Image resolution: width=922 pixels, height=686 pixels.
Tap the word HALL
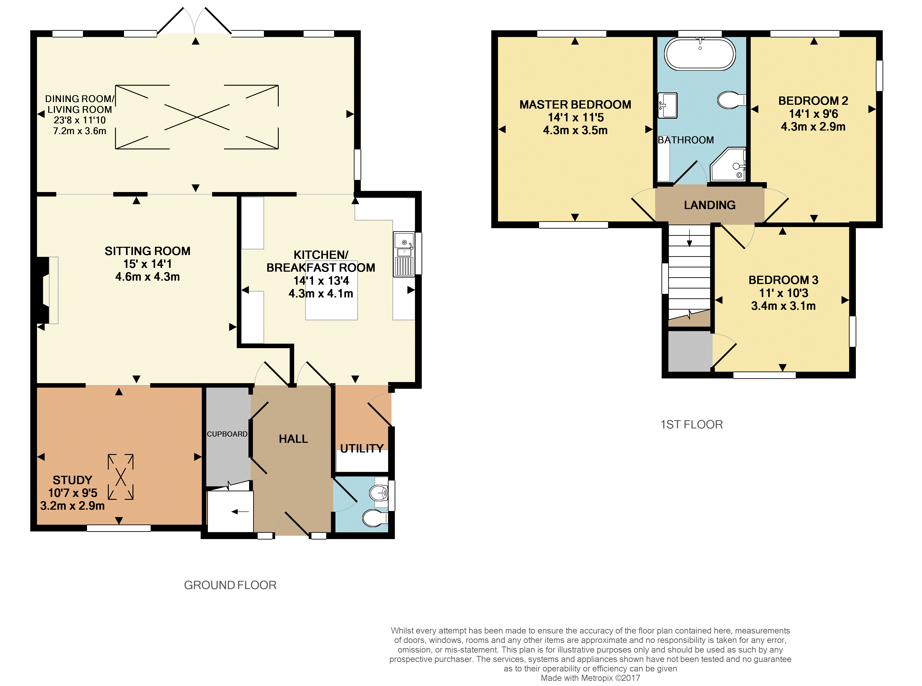293,439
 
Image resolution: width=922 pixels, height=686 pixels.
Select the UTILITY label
362,448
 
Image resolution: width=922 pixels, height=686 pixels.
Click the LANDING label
710,205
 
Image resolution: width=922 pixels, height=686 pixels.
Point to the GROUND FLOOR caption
230,585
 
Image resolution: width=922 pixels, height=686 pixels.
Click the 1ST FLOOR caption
692,424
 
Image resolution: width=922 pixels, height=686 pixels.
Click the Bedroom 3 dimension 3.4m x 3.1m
783,306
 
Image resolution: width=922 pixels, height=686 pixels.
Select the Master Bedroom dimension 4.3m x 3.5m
575,130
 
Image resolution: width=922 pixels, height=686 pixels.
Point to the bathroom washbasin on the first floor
668,105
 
